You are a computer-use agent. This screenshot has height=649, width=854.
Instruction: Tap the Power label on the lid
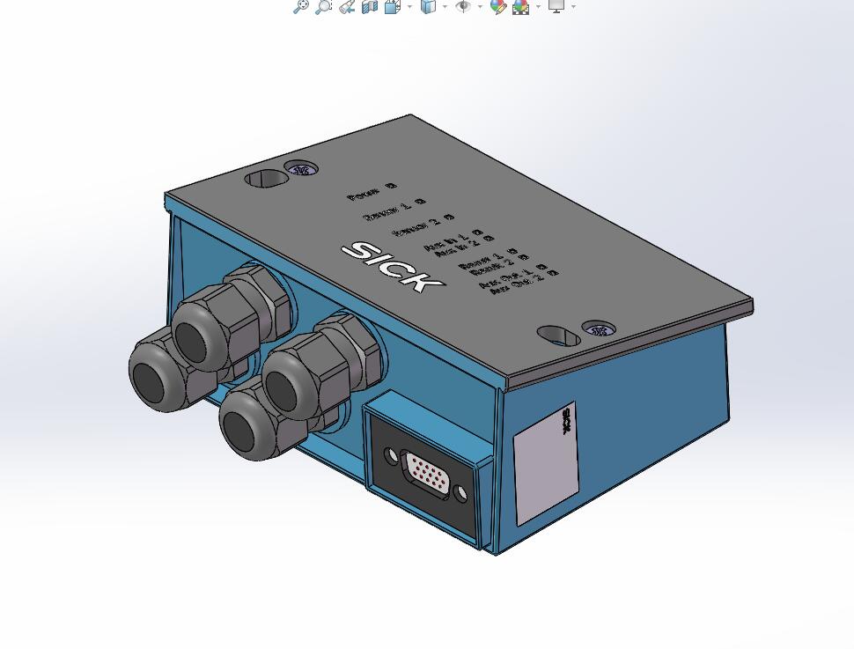pyautogui.click(x=364, y=195)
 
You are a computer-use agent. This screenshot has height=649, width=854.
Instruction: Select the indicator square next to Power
pyautogui.click(x=391, y=186)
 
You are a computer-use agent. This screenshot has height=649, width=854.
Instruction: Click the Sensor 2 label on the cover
pyautogui.click(x=416, y=227)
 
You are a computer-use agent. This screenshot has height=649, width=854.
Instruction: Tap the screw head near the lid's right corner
pyautogui.click(x=600, y=330)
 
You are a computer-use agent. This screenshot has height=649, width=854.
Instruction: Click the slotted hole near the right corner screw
pyautogui.click(x=559, y=336)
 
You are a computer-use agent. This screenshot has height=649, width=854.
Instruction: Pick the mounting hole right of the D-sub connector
pyautogui.click(x=460, y=495)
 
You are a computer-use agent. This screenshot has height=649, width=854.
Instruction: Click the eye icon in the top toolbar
pyautogui.click(x=463, y=7)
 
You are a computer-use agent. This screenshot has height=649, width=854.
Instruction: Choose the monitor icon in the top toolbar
pyautogui.click(x=556, y=6)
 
